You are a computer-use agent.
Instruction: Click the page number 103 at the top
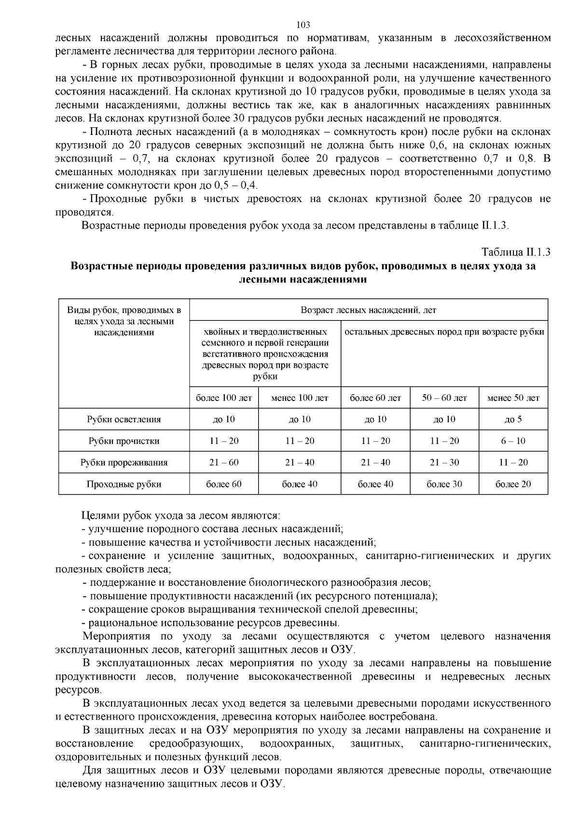pos(303,25)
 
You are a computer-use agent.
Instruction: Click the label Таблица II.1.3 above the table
pos(516,252)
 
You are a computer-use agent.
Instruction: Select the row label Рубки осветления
pos(124,419)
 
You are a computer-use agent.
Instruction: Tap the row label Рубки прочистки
pos(124,441)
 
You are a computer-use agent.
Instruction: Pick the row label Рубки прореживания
pos(124,463)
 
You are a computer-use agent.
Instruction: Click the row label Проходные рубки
pos(124,484)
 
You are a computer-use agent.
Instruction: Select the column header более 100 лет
pos(224,398)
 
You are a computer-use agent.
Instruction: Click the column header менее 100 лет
pos(300,398)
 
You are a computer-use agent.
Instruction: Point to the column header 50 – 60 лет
pos(444,398)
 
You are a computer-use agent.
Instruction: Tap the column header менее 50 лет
pos(513,398)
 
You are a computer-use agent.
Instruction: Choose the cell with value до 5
pos(513,419)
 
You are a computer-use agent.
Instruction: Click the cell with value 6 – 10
pos(513,441)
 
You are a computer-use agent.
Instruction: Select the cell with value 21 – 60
pos(224,463)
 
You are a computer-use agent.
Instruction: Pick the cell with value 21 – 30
pos(444,463)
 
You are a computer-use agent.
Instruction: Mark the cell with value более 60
pos(224,484)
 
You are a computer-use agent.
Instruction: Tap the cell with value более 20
pos(513,484)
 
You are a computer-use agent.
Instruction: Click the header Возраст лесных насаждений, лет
pos(369,310)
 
